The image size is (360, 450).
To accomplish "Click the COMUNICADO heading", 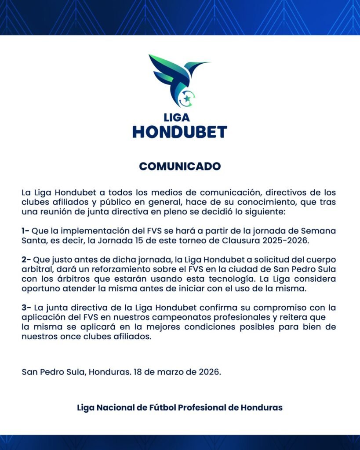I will pyautogui.click(x=180, y=167).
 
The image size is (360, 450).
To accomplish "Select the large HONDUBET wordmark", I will pyautogui.click(x=180, y=132).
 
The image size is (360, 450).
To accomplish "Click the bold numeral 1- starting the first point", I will pyautogui.click(x=25, y=231).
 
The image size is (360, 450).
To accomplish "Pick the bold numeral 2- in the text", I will pyautogui.click(x=26, y=260).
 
